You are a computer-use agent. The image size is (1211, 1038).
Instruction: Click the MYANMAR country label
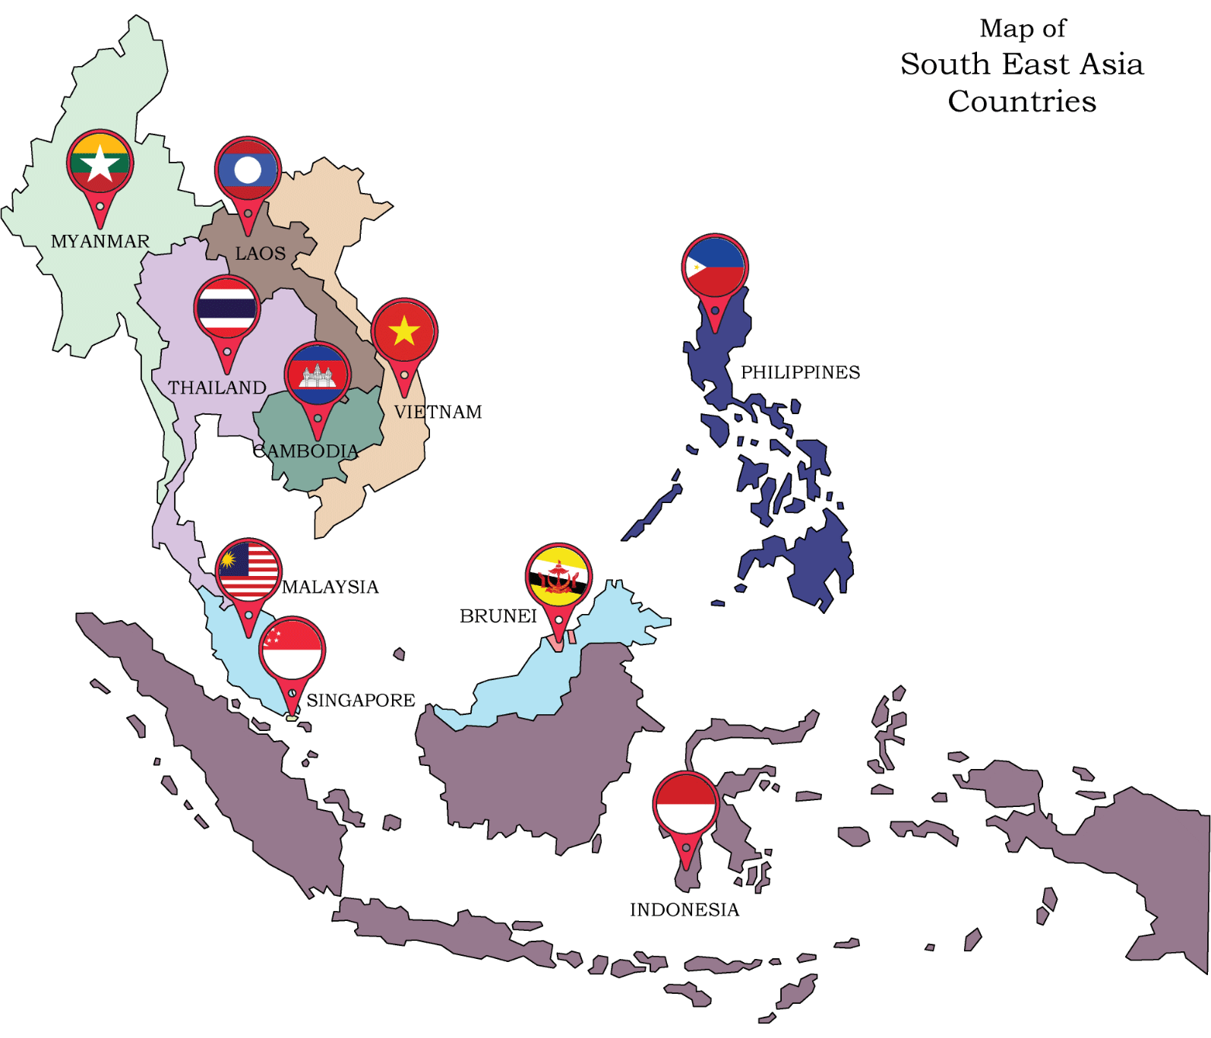100,242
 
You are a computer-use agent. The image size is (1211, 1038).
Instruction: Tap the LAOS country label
260,254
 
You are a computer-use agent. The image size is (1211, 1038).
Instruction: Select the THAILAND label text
217,388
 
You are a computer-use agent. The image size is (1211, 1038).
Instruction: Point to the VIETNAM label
438,412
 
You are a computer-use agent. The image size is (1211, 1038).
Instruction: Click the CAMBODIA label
305,451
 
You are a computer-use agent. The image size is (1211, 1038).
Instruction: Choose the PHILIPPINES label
800,372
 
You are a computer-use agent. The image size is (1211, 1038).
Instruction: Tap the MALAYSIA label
330,587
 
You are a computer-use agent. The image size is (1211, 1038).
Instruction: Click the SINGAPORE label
361,700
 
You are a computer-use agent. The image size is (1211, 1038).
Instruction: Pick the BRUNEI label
498,616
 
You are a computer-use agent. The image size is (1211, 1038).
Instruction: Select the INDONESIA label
684,910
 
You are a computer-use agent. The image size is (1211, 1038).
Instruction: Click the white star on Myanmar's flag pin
100,164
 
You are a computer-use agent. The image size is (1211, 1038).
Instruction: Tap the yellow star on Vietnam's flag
404,331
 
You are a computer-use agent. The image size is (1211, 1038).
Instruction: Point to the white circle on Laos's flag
248,171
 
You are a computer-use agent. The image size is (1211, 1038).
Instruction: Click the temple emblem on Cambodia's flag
317,375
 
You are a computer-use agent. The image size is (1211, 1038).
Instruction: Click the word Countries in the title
1022,101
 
